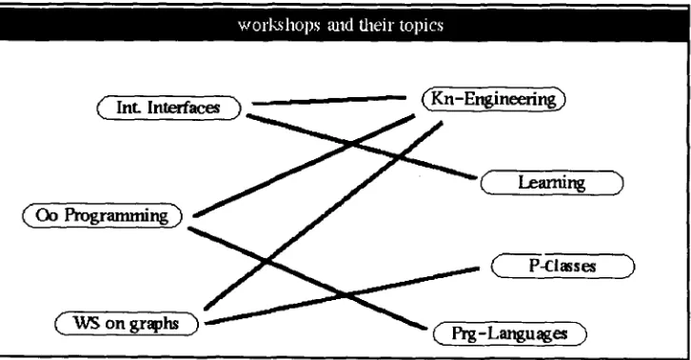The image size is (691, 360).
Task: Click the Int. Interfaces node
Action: [x=169, y=108]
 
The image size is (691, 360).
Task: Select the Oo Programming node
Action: [x=102, y=215]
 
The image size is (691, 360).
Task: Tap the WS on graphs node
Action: [x=127, y=324]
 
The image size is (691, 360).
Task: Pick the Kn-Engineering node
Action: [x=494, y=99]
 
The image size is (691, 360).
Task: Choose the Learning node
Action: [x=552, y=183]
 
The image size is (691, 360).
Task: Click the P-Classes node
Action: [x=563, y=266]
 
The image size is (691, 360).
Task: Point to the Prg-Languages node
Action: [x=510, y=333]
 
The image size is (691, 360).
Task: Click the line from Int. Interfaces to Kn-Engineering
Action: [x=328, y=100]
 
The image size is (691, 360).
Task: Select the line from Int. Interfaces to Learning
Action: [x=362, y=147]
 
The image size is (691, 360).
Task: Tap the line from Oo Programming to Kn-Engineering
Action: [x=304, y=166]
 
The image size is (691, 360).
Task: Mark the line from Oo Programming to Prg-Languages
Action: [x=307, y=278]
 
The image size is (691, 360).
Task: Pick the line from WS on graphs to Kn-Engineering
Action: [x=324, y=215]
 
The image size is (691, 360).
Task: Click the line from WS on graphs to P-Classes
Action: [x=343, y=295]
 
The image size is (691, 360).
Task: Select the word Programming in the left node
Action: [x=116, y=216]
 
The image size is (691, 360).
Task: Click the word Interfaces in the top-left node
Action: [x=184, y=108]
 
